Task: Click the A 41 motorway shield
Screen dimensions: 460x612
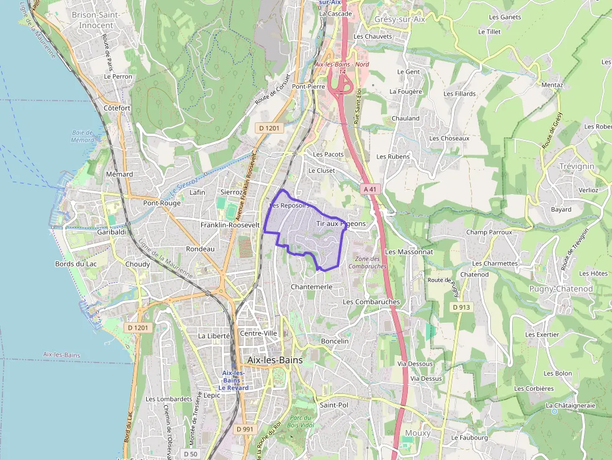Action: pos(370,188)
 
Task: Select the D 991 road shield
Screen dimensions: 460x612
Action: pos(245,429)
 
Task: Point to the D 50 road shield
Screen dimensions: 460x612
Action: pos(191,454)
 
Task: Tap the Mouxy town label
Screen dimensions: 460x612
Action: pos(417,433)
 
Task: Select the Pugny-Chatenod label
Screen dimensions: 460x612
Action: pos(561,289)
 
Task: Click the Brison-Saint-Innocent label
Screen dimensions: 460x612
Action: pos(96,19)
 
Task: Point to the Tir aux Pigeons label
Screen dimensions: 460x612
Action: pos(341,223)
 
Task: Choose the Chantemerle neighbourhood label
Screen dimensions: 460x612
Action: pos(312,286)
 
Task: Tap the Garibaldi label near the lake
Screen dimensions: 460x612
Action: pos(112,232)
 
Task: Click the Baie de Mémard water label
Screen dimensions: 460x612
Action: pos(82,136)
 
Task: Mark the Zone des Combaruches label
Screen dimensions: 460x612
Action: pos(367,262)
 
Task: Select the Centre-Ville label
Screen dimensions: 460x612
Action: pos(258,333)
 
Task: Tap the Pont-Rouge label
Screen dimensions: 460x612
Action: pos(162,203)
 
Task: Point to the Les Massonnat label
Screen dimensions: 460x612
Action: pos(409,252)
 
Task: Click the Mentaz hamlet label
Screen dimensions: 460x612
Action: pos(553,85)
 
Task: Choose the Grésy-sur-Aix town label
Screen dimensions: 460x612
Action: pos(400,19)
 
